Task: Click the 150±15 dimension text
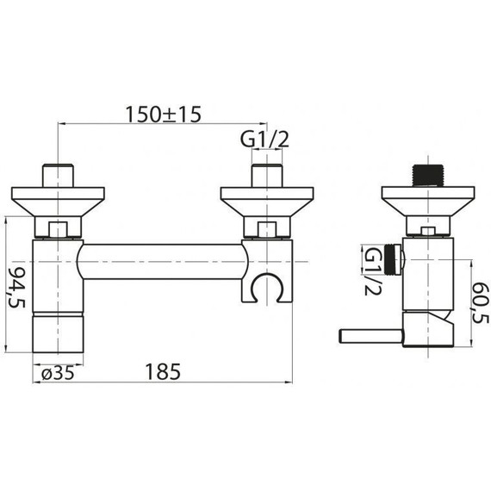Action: [163, 114]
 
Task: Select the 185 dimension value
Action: [163, 371]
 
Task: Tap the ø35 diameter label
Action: [58, 373]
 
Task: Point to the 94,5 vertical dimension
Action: [17, 287]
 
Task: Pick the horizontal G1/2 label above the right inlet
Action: [264, 140]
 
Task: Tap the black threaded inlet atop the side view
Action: [428, 176]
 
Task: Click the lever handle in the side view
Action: [370, 337]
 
